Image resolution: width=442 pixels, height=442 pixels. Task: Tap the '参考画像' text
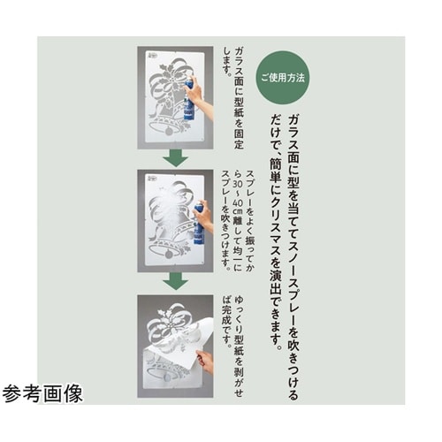tap(42, 393)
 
